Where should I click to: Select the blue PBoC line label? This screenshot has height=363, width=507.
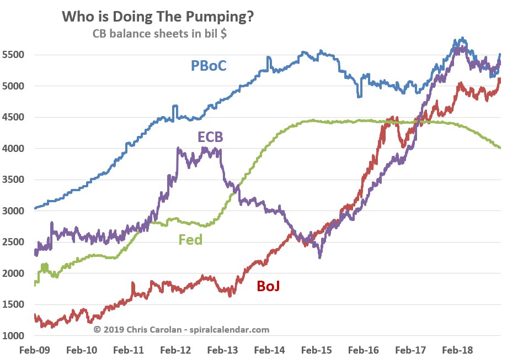pos(209,66)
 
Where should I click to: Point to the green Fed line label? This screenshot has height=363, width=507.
pos(190,240)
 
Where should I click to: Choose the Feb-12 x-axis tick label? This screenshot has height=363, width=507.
pos(175,350)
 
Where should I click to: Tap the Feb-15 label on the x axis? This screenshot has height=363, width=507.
pos(316,350)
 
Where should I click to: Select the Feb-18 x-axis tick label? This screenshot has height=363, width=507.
pos(457,350)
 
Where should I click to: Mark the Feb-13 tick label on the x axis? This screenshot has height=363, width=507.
pos(222,350)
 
